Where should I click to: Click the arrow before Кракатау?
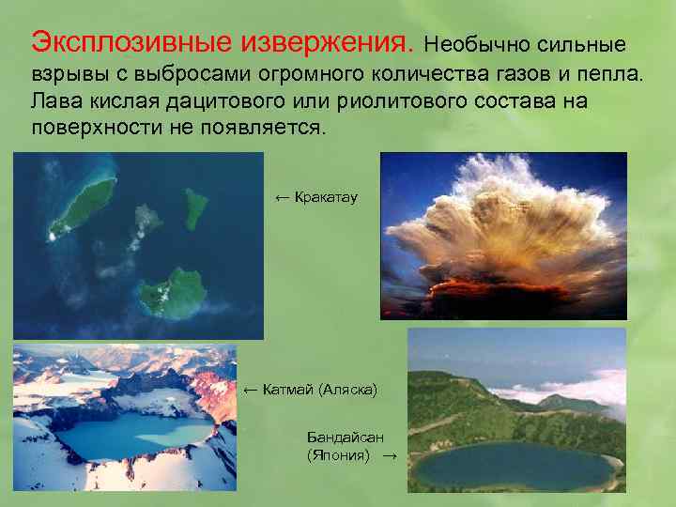(282, 197)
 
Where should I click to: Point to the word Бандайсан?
(345, 438)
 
